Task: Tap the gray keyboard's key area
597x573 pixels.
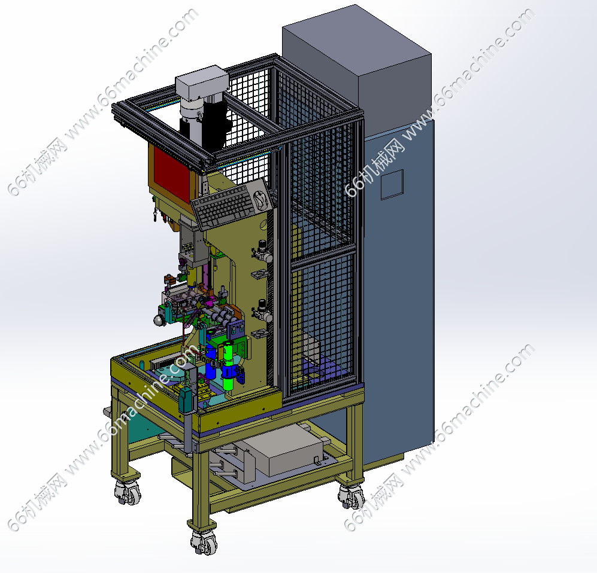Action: coord(223,206)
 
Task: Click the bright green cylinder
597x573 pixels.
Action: coord(228,366)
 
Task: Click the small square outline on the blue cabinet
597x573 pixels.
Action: coord(392,184)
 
